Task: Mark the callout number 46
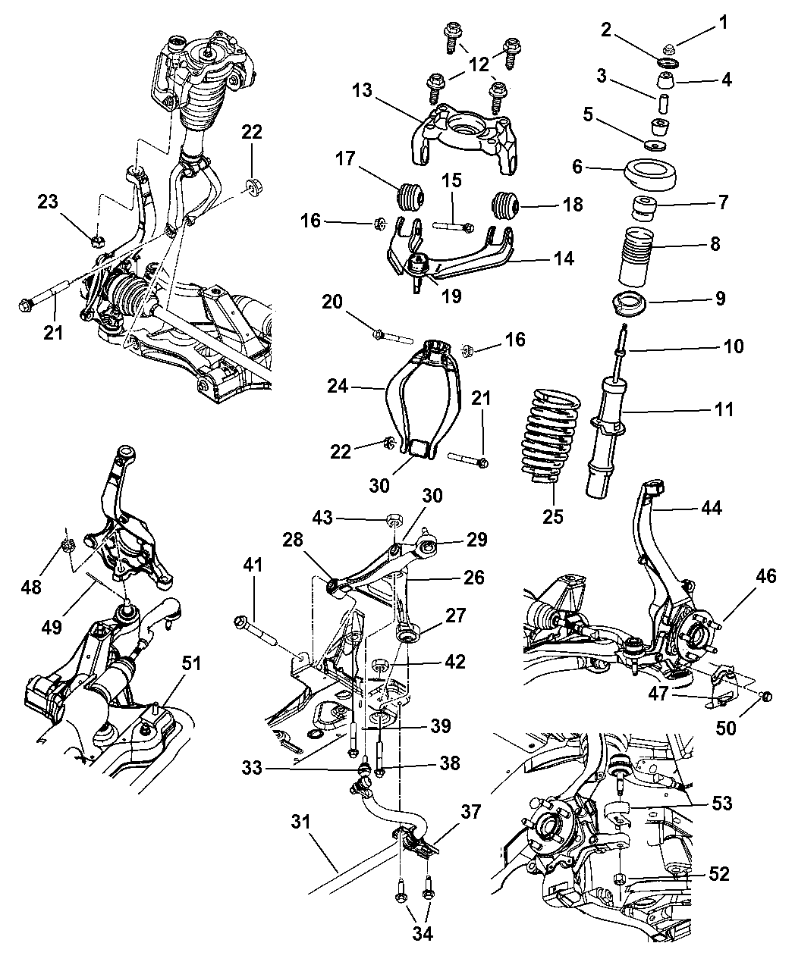click(x=765, y=577)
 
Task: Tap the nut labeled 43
click(x=394, y=520)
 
